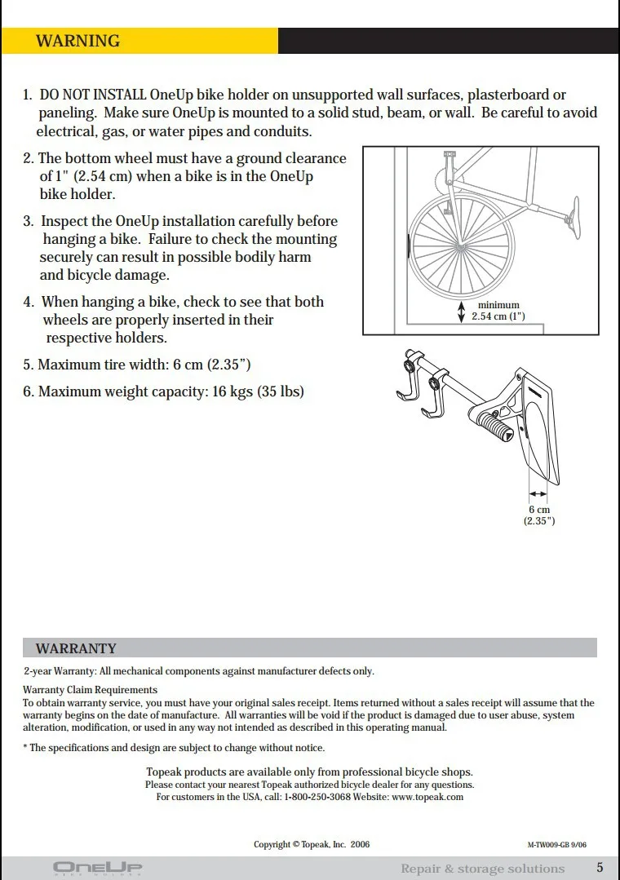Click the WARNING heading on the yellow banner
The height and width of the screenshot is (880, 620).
pyautogui.click(x=77, y=41)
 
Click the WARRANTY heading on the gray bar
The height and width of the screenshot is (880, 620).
pyautogui.click(x=76, y=648)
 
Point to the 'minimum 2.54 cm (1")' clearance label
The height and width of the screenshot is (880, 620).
pyautogui.click(x=498, y=311)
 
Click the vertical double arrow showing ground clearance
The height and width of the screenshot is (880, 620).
pyautogui.click(x=461, y=311)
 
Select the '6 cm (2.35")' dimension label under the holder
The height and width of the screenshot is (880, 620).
pyautogui.click(x=538, y=515)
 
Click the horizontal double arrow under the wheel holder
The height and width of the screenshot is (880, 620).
pyautogui.click(x=538, y=493)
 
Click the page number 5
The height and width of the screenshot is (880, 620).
pyautogui.click(x=600, y=867)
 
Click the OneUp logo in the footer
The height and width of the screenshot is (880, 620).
pyautogui.click(x=97, y=867)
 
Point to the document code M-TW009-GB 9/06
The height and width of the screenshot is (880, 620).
pyautogui.click(x=557, y=845)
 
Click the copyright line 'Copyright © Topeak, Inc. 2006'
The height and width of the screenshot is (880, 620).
pyautogui.click(x=312, y=844)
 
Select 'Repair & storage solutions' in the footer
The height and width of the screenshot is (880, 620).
pyautogui.click(x=482, y=869)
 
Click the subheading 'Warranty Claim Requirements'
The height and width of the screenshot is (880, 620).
pyautogui.click(x=78, y=690)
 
